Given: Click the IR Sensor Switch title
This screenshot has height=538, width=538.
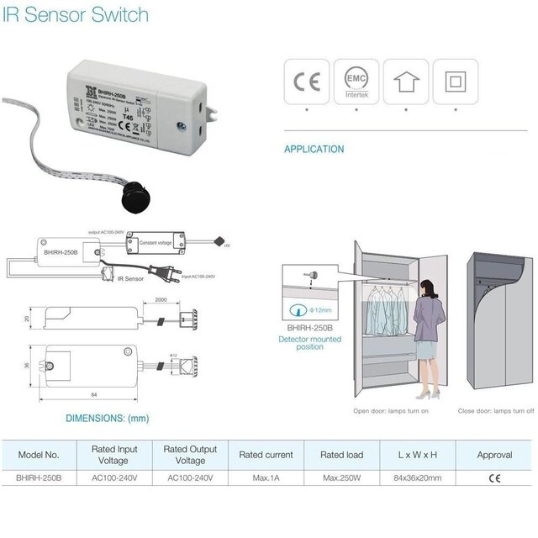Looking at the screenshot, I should click(x=76, y=15).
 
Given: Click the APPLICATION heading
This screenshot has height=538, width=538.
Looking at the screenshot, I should click(x=314, y=150).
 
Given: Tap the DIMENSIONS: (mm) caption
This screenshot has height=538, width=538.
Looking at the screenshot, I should click(x=107, y=418).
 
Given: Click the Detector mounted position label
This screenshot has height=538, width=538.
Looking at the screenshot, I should click(x=309, y=343).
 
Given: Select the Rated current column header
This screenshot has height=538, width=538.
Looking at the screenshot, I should click(x=266, y=455).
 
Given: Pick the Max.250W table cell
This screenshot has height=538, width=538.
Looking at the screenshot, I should click(x=341, y=477).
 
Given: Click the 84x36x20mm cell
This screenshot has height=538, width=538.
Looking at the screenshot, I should click(x=418, y=477).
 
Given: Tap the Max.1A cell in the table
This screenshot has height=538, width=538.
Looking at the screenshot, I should click(x=266, y=477).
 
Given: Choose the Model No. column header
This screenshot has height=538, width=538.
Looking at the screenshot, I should click(x=39, y=455).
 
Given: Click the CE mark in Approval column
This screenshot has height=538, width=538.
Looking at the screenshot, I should click(x=493, y=477).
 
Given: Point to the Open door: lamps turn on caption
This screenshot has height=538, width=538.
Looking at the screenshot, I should click(x=392, y=411).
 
